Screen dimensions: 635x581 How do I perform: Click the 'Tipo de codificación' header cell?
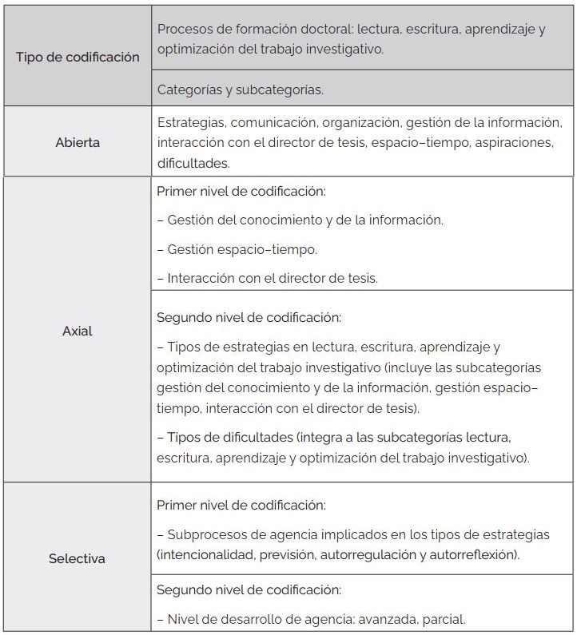(78, 58)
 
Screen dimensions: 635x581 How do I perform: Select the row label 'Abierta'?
(78, 143)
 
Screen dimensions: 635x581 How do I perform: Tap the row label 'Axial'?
(78, 330)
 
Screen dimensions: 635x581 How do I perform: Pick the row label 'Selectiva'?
(78, 558)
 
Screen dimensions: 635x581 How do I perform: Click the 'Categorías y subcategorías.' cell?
(241, 89)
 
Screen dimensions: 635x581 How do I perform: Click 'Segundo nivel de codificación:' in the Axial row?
(249, 317)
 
